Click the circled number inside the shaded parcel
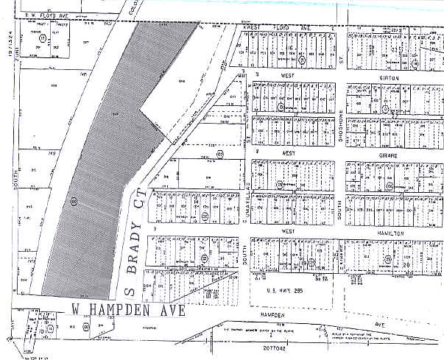(x=74, y=200)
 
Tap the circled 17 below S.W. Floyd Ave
(x=43, y=37)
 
